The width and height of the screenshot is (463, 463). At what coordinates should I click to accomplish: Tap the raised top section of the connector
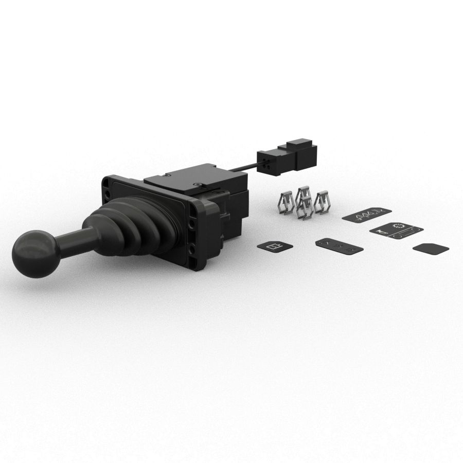(301, 145)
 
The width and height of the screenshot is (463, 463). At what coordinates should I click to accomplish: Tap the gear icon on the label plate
(398, 226)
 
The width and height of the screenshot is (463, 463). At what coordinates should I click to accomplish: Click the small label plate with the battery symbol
(275, 246)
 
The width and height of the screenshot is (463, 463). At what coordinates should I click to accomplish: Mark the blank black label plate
(431, 248)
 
